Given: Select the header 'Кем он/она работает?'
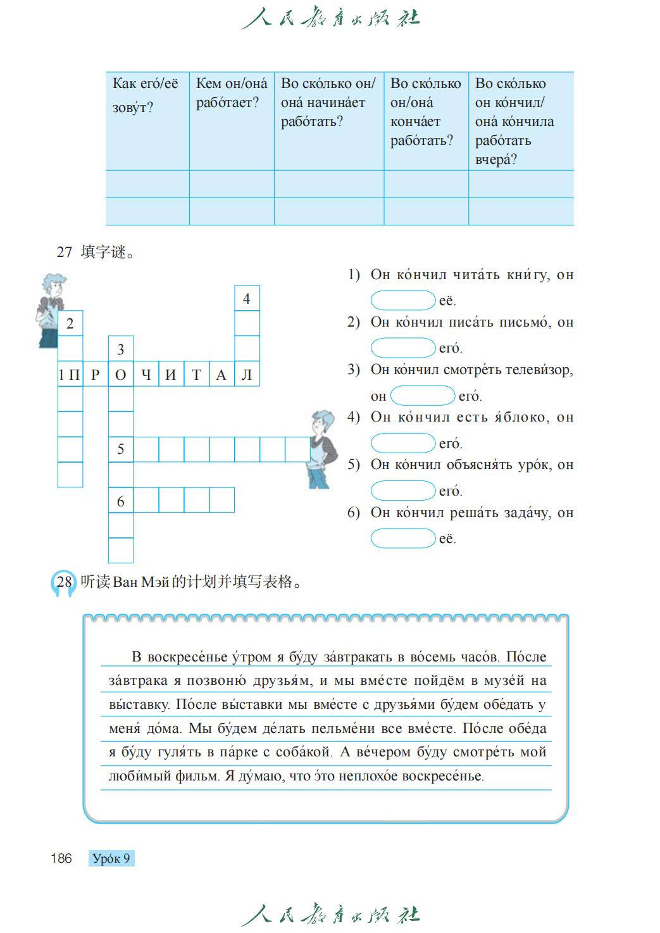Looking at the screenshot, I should tap(232, 93).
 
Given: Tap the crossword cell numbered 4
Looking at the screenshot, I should tap(247, 299).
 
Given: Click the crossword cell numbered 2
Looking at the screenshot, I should tap(70, 323).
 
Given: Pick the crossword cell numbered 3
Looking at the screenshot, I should tap(121, 349).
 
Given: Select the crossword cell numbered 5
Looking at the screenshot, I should tap(121, 449).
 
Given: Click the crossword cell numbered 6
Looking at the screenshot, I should tap(121, 501).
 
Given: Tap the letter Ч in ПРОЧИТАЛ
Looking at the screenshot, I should tap(146, 375).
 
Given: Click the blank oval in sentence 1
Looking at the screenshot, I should tap(403, 300).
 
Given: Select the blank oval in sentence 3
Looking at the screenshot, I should tap(423, 396).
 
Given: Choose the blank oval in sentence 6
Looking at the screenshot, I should tap(403, 539).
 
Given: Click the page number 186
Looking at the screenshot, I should tap(61, 858).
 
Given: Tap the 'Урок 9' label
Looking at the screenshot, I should tap(111, 858).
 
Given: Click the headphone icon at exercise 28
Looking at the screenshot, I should tap(63, 583).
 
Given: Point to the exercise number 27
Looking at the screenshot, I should tap(65, 252).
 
